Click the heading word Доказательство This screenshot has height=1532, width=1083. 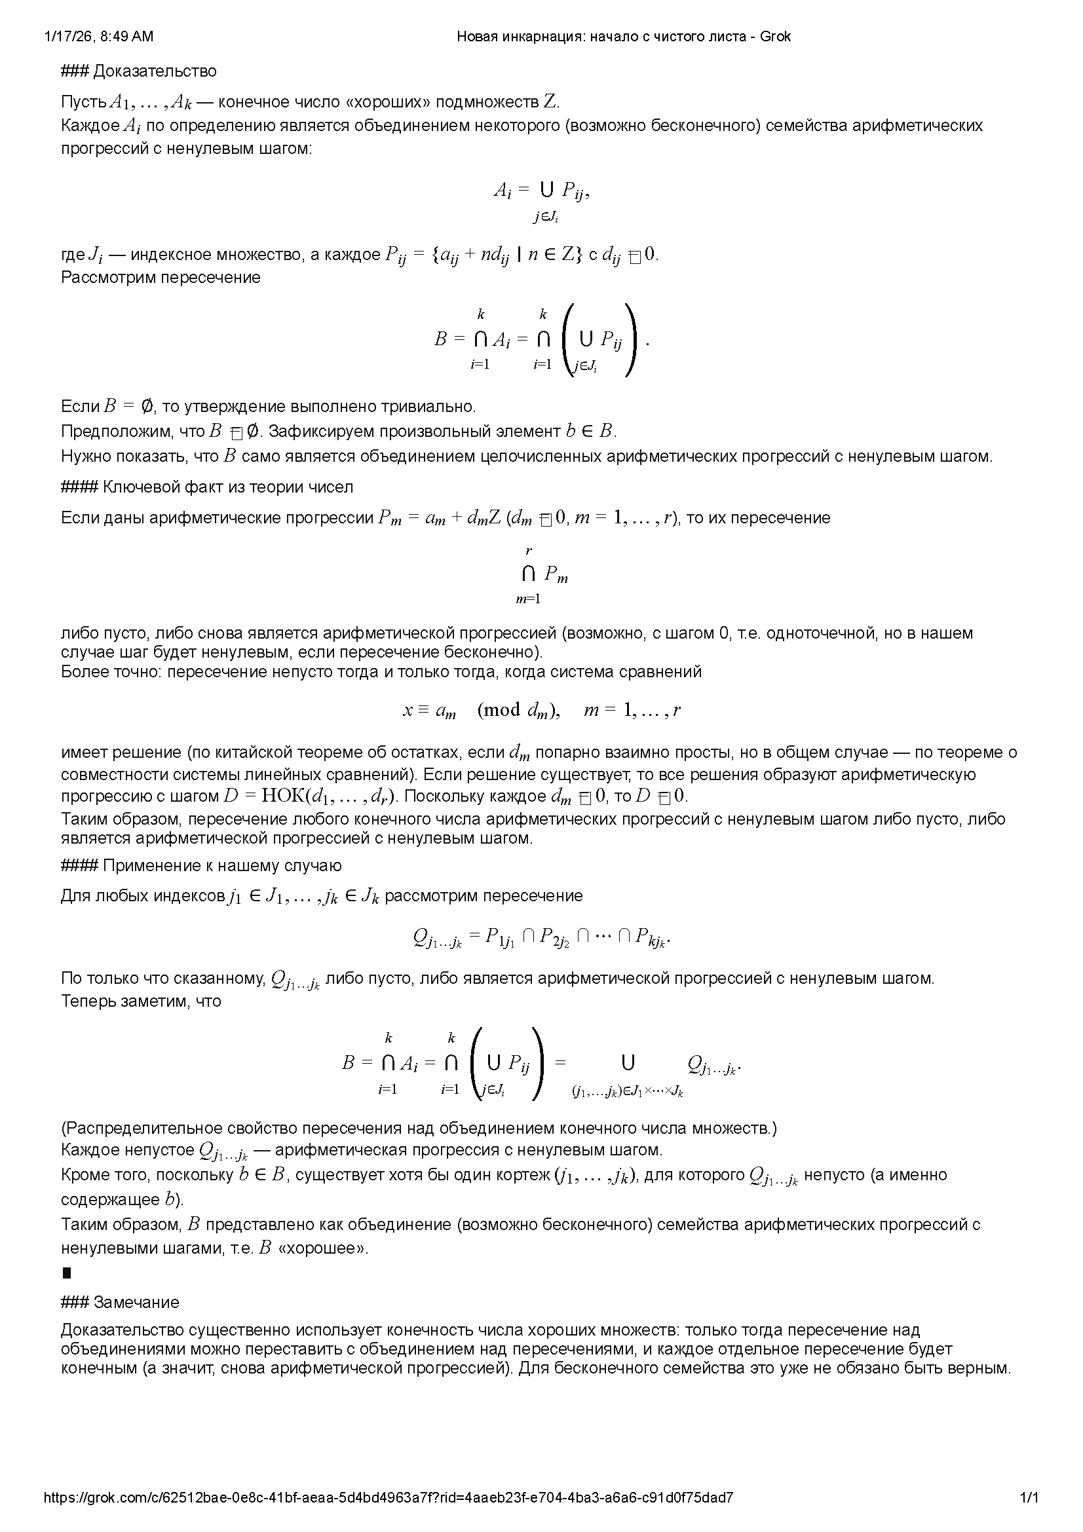155,71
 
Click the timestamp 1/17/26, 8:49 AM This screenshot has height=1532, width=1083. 98,37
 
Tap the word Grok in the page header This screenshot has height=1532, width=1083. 776,37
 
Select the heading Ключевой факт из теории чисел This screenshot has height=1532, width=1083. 227,487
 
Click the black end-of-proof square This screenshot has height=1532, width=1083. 66,1273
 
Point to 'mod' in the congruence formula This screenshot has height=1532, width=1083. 502,709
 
